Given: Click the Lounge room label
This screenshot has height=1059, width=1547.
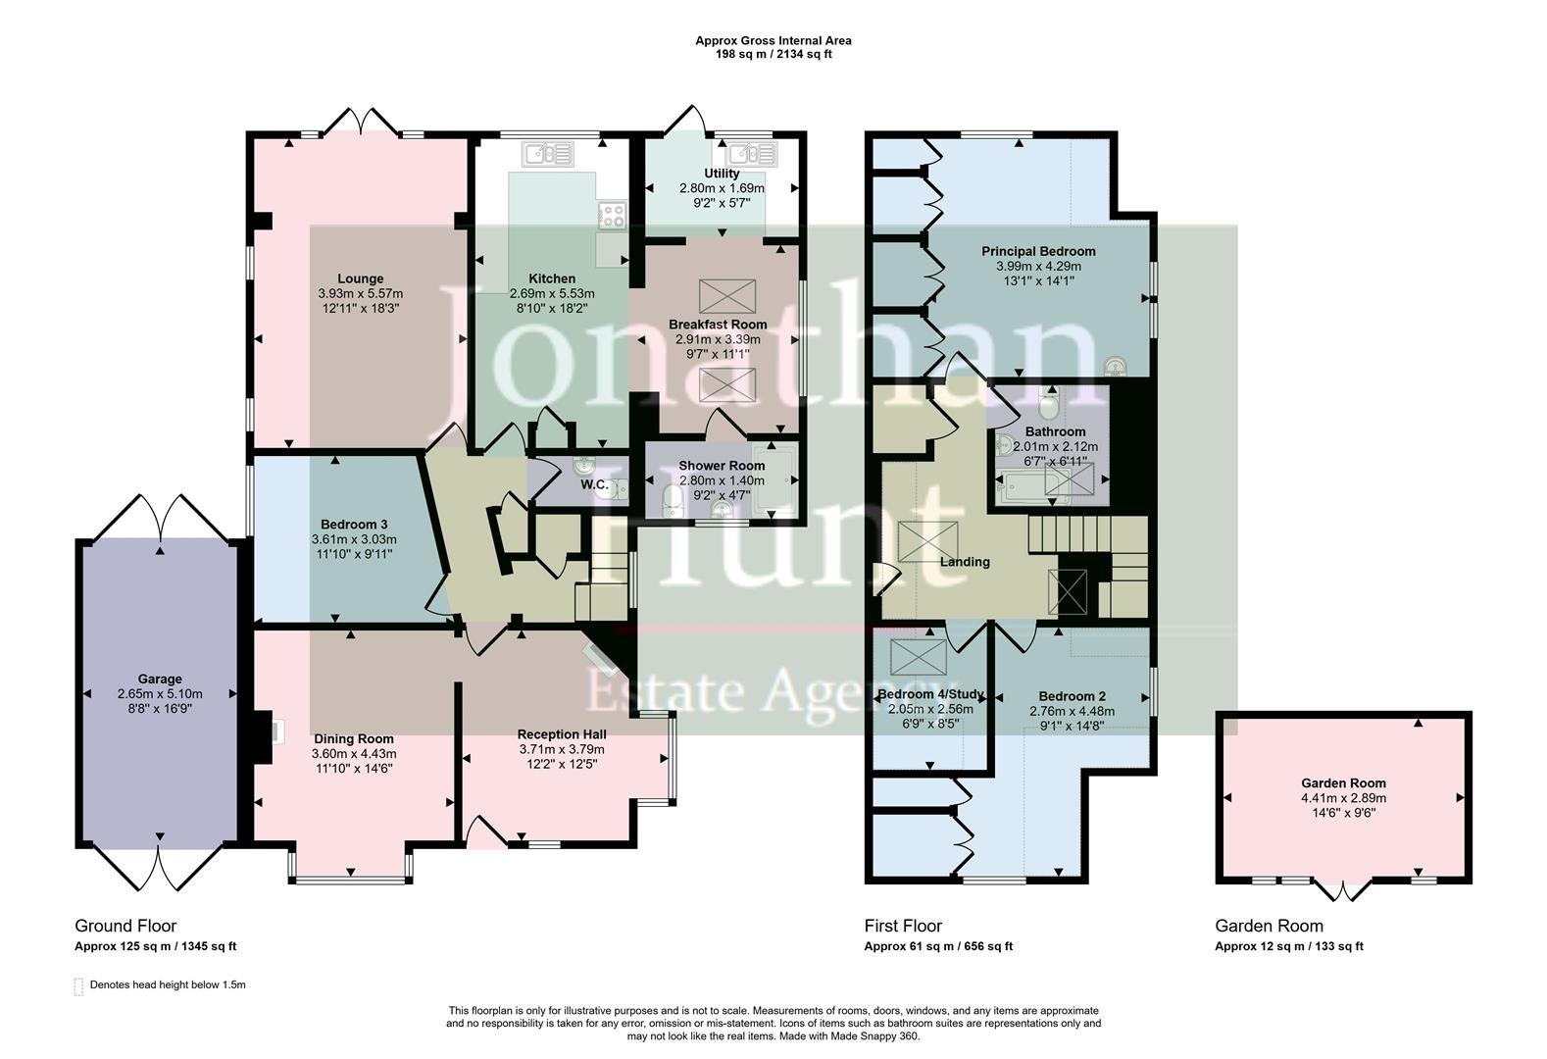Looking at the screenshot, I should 360,278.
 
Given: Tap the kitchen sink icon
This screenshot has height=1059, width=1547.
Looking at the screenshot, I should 547,154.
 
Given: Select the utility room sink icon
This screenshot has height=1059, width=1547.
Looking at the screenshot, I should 751,154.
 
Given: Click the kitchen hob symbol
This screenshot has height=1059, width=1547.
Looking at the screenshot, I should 613,215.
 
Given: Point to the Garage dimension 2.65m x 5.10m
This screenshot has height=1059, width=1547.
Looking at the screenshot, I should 159,692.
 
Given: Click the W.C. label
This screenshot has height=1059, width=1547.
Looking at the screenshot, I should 594,485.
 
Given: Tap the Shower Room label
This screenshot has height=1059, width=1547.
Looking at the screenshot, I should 722,466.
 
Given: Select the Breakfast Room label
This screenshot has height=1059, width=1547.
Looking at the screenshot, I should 718,324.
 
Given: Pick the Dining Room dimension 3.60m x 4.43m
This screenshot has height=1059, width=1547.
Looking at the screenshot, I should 354,753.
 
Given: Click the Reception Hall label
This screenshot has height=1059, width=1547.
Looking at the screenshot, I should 562,734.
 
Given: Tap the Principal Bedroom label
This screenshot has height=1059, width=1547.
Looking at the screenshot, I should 1038,251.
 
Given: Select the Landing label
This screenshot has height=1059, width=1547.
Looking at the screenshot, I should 965,562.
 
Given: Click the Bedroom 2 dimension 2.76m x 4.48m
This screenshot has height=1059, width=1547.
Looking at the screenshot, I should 1072,711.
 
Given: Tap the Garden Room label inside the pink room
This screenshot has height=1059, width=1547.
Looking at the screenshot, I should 1343,782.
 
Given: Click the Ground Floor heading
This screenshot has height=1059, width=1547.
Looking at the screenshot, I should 125,926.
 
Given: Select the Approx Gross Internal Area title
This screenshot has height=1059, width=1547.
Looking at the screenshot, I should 773,40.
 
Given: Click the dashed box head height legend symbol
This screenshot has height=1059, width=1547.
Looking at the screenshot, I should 79,985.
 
